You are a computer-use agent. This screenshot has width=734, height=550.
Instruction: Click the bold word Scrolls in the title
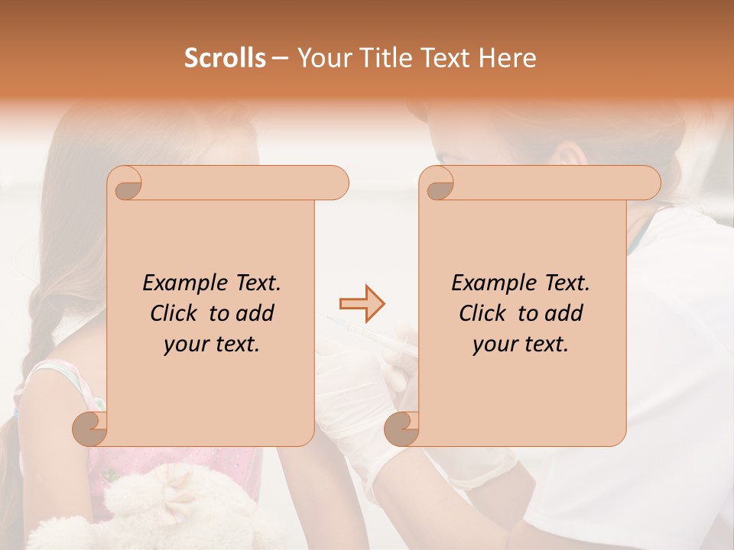(x=225, y=58)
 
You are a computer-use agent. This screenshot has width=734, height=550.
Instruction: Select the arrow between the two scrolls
(x=362, y=304)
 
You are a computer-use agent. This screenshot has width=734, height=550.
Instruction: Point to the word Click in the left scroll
(x=174, y=313)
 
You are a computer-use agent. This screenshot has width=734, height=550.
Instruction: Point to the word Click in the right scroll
(x=483, y=313)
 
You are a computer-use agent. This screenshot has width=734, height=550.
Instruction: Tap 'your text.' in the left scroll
(x=212, y=345)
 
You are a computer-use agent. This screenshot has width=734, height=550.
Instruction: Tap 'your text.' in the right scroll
(x=521, y=345)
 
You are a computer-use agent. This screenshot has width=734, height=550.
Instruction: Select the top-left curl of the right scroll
(x=439, y=183)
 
